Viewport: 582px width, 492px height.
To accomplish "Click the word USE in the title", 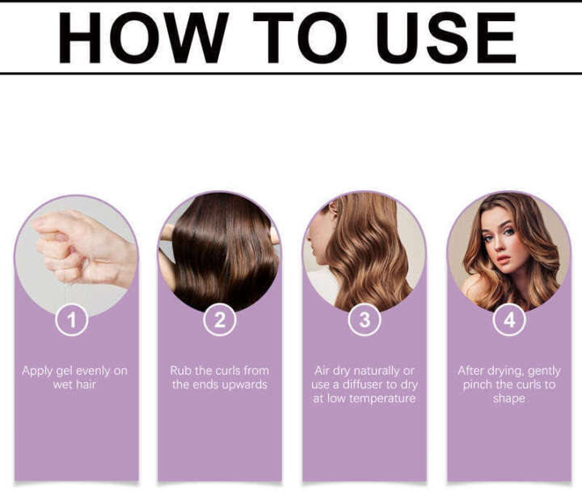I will (446, 38).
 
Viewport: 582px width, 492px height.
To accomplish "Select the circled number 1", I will (71, 320).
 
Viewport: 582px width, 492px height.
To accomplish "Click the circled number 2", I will (219, 320).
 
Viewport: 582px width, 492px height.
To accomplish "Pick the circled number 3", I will (365, 320).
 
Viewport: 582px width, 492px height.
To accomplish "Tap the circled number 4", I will (509, 320).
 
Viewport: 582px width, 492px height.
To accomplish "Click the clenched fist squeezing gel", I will (77, 247).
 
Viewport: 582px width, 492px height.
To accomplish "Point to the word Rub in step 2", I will (180, 371).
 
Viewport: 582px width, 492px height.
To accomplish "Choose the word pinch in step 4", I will (478, 384).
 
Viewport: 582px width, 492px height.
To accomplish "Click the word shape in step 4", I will (509, 398).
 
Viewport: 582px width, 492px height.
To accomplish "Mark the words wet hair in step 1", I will (75, 384).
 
